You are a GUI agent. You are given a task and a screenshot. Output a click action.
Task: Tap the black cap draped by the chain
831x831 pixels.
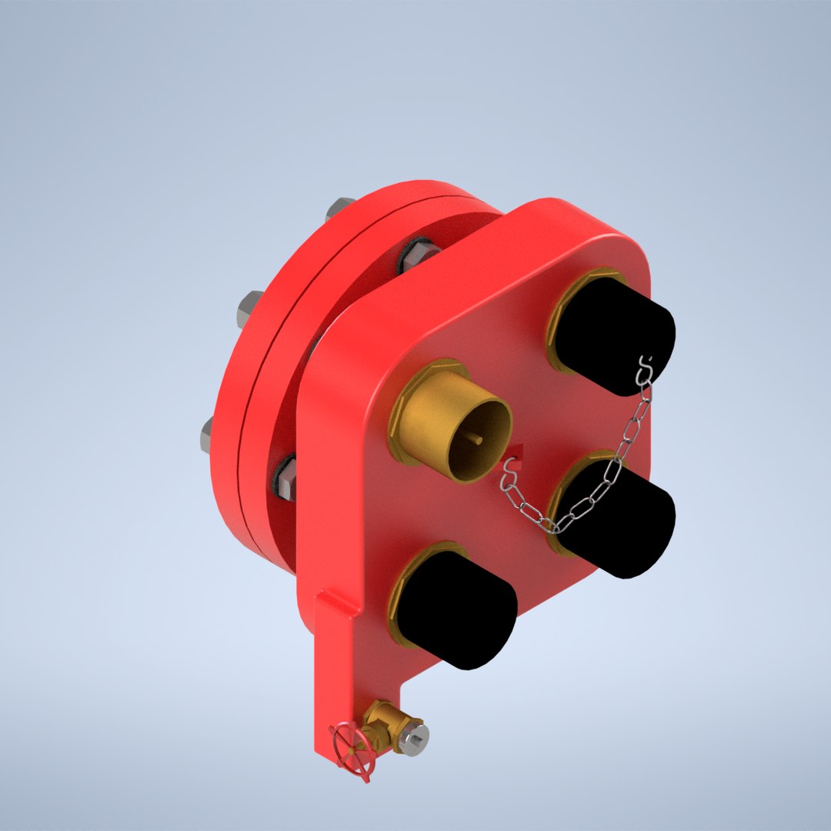pyautogui.click(x=616, y=516)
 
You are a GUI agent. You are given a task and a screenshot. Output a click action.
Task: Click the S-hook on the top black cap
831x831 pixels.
pyautogui.click(x=646, y=367)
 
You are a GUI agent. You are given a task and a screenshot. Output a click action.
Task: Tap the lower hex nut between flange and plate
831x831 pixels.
pyautogui.click(x=285, y=477)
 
